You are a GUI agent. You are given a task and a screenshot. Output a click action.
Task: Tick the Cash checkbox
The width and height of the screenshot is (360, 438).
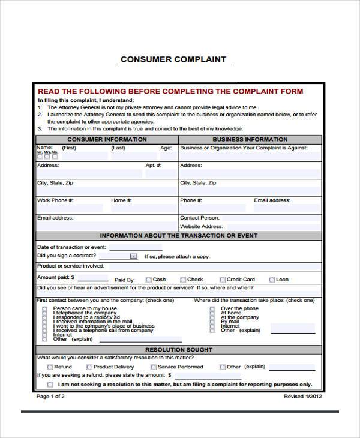[148, 280]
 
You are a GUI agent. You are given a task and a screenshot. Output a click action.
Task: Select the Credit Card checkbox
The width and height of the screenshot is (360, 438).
[223, 280]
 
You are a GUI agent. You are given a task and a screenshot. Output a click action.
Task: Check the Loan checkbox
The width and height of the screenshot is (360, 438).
[272, 280]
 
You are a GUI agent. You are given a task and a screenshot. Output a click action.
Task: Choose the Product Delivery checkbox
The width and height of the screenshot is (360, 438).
[89, 367]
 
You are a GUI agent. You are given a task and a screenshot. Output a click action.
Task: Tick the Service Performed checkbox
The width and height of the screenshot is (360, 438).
[154, 367]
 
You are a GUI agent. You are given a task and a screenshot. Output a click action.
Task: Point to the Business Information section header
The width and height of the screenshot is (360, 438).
[250, 139]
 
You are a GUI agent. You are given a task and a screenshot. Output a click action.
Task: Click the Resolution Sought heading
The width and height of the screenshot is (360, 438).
[178, 349]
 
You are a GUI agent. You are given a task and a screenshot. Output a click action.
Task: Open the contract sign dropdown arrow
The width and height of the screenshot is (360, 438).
[133, 256]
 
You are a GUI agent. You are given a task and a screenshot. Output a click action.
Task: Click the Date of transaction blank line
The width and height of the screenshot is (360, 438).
[136, 248]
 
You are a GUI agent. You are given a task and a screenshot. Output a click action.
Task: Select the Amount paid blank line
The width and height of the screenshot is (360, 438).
[93, 279]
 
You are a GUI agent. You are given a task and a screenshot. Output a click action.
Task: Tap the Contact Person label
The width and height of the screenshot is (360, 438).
[200, 218]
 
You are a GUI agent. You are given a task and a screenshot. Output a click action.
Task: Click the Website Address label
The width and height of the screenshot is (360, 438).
[202, 226]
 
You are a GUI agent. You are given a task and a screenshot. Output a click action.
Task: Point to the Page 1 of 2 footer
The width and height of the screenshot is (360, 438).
[50, 397]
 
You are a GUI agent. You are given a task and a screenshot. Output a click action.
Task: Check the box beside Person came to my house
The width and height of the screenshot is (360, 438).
[44, 309]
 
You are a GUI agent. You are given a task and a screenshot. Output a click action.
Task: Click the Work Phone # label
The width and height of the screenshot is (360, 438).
[55, 200]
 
